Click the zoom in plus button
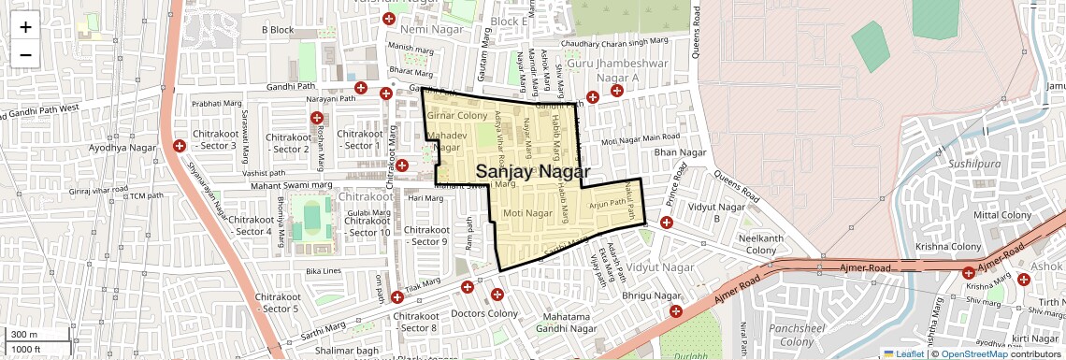pos(25,27)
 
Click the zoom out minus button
pos(25,54)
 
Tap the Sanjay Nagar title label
pos(533,172)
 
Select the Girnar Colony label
pos(457,115)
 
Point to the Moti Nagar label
pos(528,214)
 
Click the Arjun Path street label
pos(606,203)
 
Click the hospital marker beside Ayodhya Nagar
pos(180,146)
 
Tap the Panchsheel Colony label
pos(794,335)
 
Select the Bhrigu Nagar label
pos(653,295)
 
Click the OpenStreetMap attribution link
pos(973,353)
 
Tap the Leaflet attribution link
pos(903,353)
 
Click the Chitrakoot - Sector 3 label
pos(215,139)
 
